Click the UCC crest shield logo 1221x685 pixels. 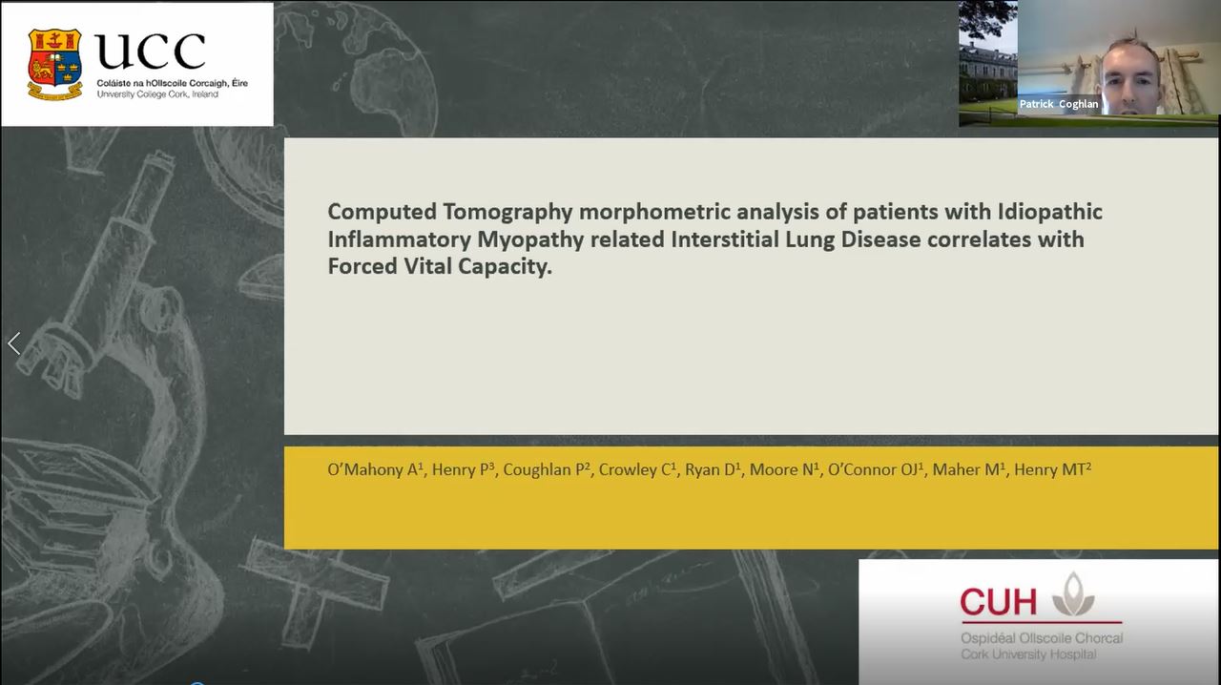pos(54,64)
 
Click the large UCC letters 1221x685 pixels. pos(151,52)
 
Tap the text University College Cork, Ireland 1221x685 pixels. pos(157,94)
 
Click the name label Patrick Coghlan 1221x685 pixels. pos(1059,104)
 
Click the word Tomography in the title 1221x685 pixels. pos(507,212)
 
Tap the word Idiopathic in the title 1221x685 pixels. pos(1050,212)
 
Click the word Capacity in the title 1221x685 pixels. pos(505,267)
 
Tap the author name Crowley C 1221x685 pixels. pos(637,469)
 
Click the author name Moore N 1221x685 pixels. pos(784,469)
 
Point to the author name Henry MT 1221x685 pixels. pos(1052,469)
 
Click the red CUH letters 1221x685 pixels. pos(998,602)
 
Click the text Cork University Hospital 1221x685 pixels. pos(1028,654)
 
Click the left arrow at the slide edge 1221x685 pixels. pos(14,343)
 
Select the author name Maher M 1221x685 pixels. pos(968,469)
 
